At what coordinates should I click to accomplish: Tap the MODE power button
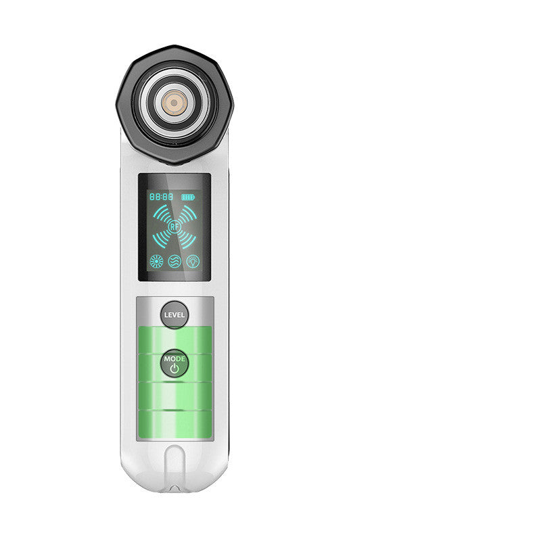pyautogui.click(x=174, y=364)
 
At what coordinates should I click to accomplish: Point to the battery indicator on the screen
pyautogui.click(x=188, y=197)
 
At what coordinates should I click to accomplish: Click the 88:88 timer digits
pyautogui.click(x=161, y=197)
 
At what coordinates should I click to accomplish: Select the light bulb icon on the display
pyautogui.click(x=193, y=260)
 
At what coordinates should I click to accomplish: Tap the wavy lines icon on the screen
pyautogui.click(x=174, y=260)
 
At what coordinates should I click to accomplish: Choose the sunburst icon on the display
pyautogui.click(x=156, y=260)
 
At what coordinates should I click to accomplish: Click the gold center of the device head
pyautogui.click(x=174, y=103)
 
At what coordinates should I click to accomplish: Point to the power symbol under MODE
pyautogui.click(x=174, y=369)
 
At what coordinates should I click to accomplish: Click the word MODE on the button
pyautogui.click(x=174, y=358)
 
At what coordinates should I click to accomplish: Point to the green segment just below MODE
pyautogui.click(x=174, y=394)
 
